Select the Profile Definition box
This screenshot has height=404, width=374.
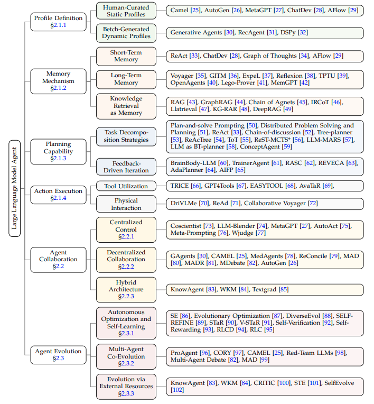(x=58, y=22)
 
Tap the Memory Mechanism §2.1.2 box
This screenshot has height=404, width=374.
(x=58, y=81)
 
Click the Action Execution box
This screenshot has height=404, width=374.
(x=58, y=194)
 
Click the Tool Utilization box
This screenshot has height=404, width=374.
(x=126, y=186)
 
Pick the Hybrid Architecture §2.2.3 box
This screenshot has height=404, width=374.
(x=126, y=289)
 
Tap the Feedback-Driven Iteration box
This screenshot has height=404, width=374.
(x=126, y=167)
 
